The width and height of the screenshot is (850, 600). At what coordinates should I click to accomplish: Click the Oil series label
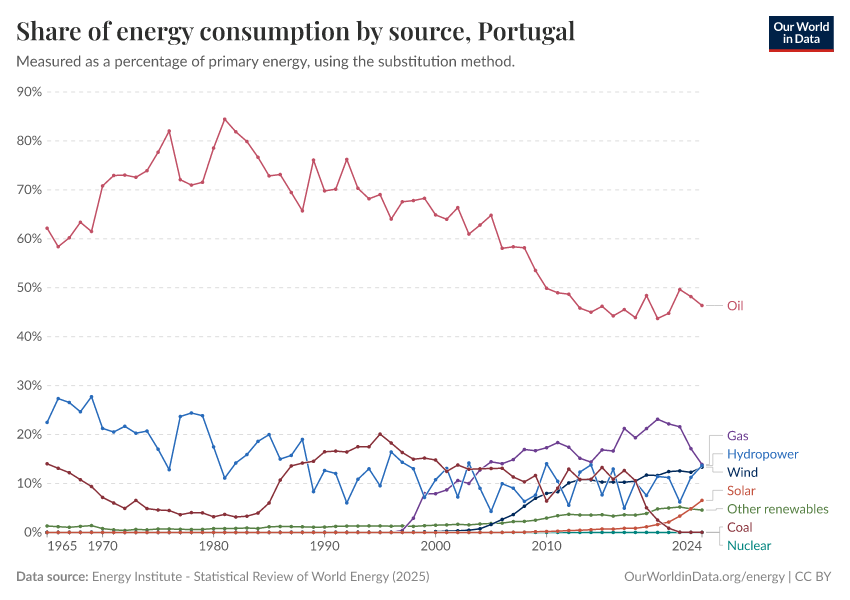(735, 306)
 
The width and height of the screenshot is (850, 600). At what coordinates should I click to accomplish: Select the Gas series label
(738, 436)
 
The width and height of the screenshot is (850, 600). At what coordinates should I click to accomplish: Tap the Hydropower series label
(763, 454)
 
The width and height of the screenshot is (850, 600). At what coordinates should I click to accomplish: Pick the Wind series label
(743, 472)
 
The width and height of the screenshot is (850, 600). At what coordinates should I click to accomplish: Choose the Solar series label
(742, 491)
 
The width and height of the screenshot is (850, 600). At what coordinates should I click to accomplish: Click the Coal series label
(741, 527)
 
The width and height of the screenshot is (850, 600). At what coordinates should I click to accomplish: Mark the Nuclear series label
(749, 545)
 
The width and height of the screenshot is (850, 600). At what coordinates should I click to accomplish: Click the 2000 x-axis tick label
(435, 548)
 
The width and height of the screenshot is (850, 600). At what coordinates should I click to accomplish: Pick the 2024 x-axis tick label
(687, 548)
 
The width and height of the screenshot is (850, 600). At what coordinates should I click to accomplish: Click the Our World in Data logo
(801, 33)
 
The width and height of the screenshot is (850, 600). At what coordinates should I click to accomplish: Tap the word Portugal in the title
(526, 32)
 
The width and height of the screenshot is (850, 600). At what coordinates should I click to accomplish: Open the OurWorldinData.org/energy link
(704, 577)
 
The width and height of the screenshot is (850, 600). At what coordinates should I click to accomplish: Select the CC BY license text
(815, 577)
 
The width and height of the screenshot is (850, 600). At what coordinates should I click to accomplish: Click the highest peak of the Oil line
(224, 119)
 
